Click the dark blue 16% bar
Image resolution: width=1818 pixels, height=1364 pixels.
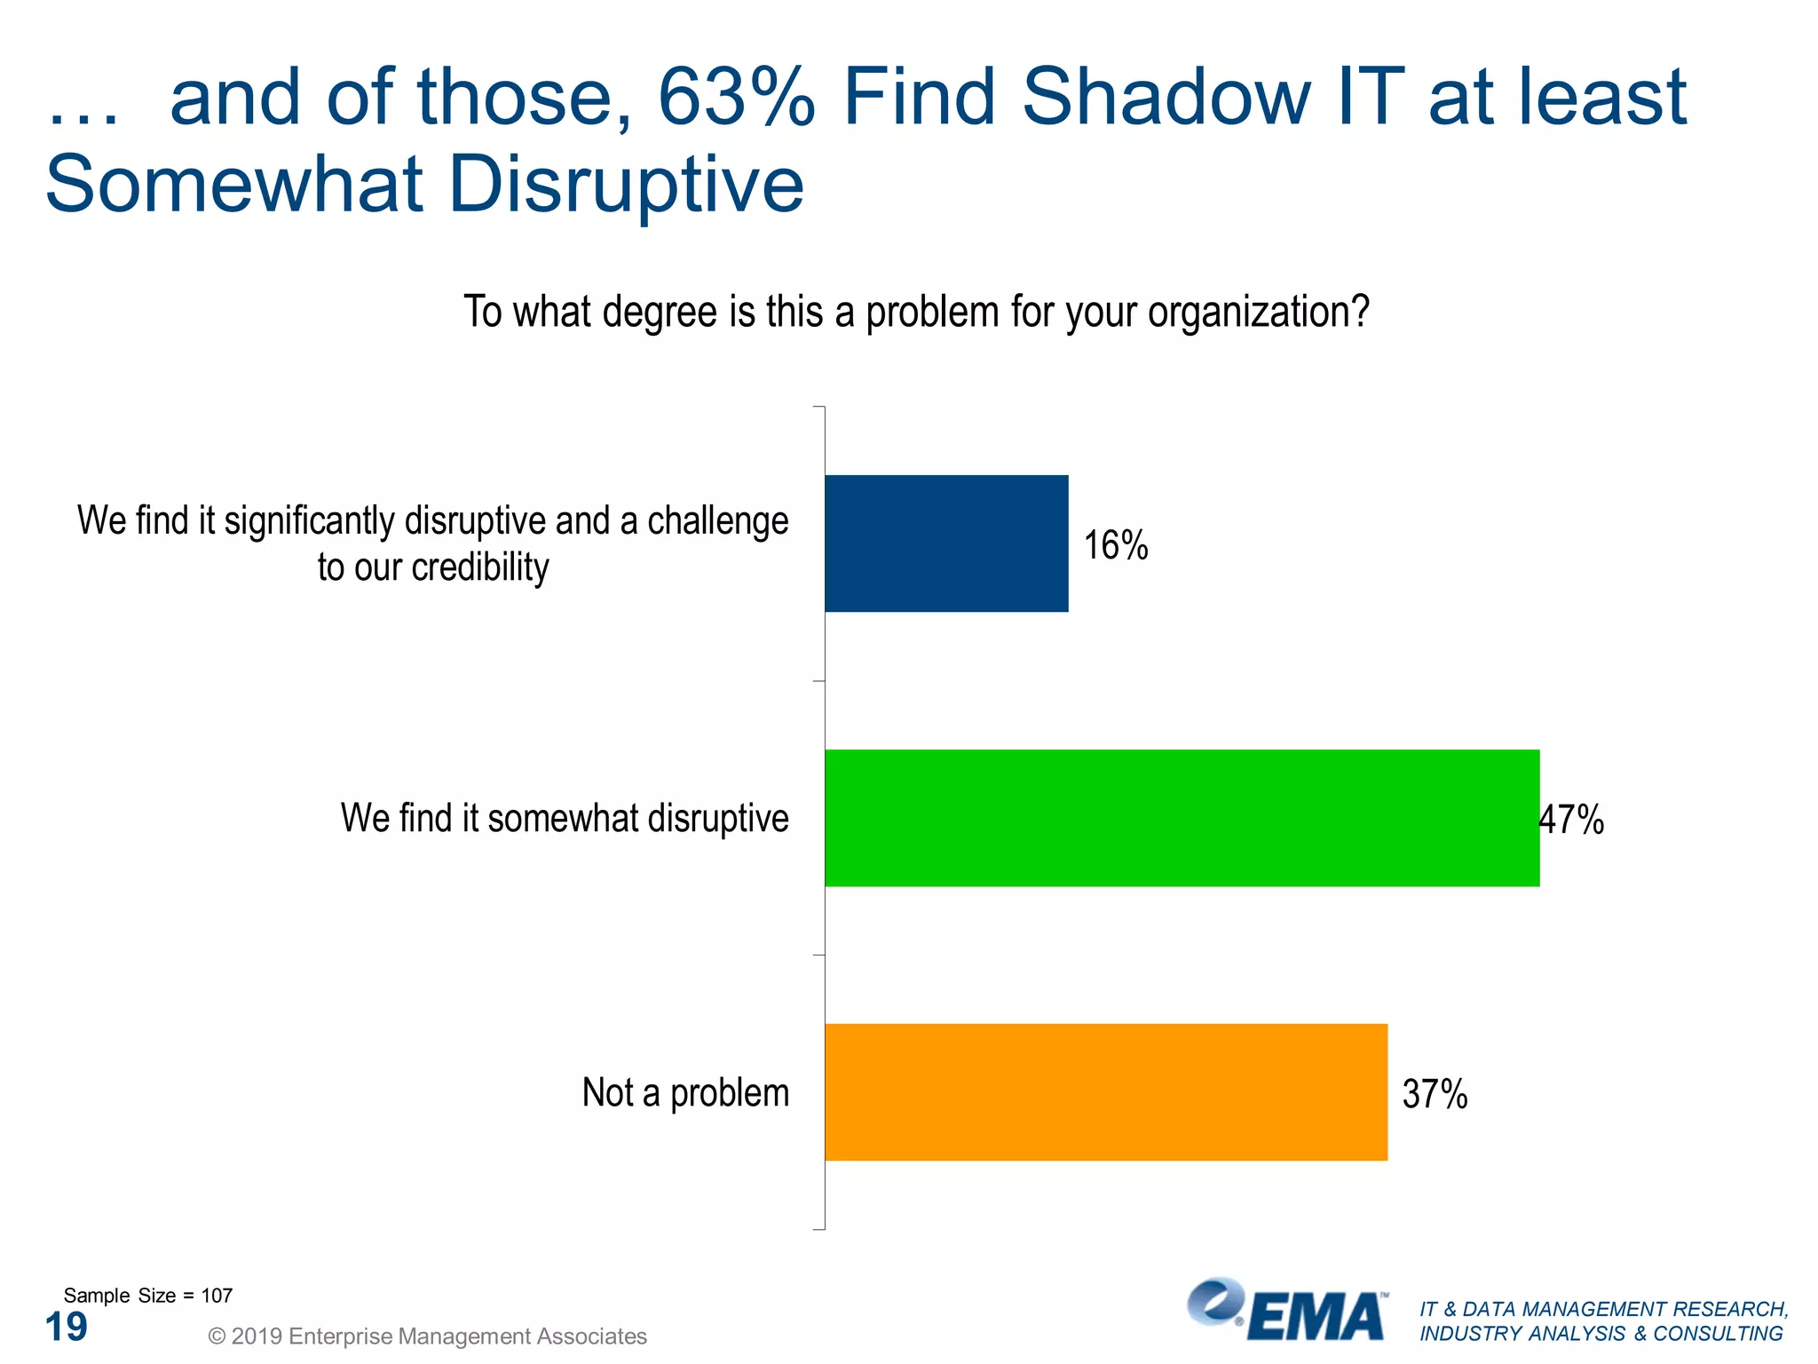point(946,543)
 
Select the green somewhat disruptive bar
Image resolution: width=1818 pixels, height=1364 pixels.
point(1182,818)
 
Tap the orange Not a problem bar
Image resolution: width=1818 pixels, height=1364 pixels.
point(1105,1092)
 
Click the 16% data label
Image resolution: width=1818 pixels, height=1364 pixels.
point(1116,545)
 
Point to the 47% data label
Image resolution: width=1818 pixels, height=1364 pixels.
point(1572,820)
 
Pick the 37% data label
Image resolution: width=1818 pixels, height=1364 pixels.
point(1435,1094)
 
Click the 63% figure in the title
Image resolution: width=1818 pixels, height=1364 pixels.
point(736,98)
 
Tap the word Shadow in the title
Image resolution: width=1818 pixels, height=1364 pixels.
point(1166,98)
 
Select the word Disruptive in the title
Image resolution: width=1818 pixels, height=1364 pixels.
point(626,185)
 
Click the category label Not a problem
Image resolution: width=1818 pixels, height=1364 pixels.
point(685,1092)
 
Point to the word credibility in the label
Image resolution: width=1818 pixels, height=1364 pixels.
point(480,567)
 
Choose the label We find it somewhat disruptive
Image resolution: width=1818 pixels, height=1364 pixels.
point(565,818)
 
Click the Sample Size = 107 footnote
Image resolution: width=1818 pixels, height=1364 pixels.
point(148,1296)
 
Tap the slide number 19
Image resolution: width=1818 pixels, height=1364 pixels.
point(67,1328)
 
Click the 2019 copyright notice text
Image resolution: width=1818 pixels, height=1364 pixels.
point(427,1336)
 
